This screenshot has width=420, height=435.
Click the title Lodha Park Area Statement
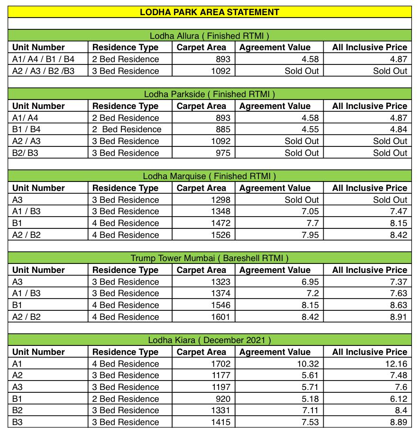coord(210,12)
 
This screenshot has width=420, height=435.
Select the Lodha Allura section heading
coord(210,36)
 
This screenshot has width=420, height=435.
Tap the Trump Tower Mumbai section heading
coord(210,258)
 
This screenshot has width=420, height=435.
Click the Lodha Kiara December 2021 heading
coord(210,340)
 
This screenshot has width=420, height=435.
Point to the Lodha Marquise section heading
coord(210,176)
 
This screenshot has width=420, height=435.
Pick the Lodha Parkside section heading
coord(210,94)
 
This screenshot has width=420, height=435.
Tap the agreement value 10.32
coord(307,364)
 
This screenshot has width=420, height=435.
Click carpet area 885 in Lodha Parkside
coord(223,129)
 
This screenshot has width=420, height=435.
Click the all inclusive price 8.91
coord(398,317)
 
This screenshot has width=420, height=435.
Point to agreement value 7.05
coord(310,212)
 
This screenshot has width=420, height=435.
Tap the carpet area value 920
coord(223,399)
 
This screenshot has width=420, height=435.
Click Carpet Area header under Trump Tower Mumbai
coord(201,270)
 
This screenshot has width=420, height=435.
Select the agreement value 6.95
coord(310,282)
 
